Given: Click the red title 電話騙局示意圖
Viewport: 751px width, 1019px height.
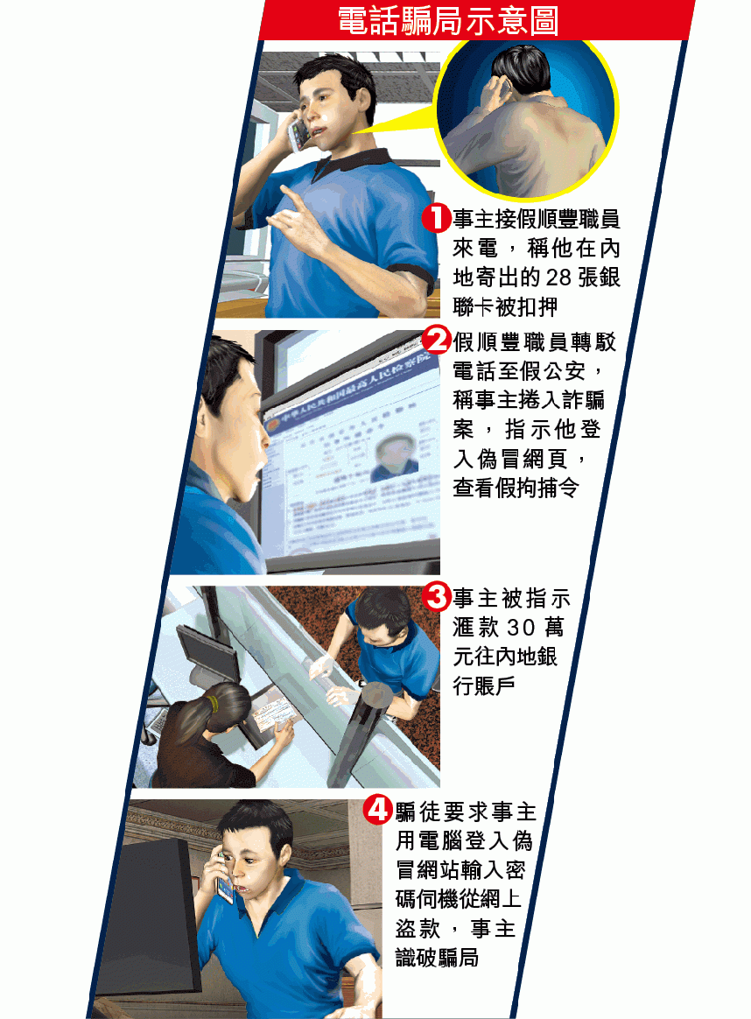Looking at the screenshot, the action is (x=448, y=20).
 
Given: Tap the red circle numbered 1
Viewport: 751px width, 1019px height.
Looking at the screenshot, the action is (x=436, y=218).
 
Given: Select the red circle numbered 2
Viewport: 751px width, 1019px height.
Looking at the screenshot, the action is (x=436, y=340).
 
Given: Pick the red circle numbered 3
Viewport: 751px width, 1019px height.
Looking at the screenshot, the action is (x=436, y=596).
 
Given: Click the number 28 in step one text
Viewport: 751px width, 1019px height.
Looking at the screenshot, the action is (x=558, y=278).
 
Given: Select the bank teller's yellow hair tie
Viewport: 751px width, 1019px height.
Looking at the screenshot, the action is (x=212, y=702).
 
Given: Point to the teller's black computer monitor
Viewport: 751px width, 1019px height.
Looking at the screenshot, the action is (x=209, y=652).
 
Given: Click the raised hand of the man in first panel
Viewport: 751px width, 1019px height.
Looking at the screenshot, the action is (x=293, y=218).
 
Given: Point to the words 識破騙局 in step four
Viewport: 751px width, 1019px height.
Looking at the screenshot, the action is (x=438, y=957).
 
